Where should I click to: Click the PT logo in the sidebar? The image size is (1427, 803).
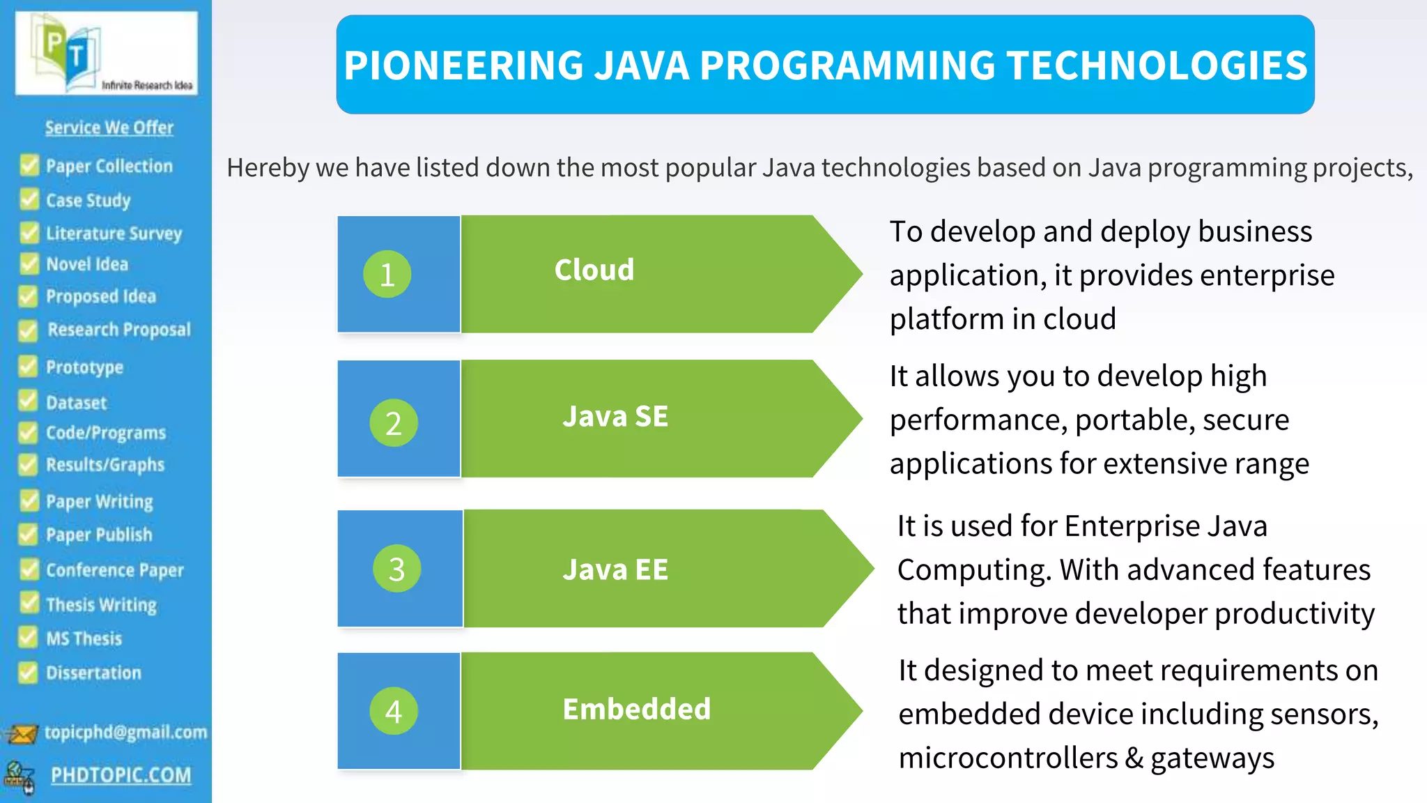pyautogui.click(x=106, y=54)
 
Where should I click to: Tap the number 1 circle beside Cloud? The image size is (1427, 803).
pyautogui.click(x=387, y=274)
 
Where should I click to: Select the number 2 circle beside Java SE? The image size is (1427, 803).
pyautogui.click(x=394, y=423)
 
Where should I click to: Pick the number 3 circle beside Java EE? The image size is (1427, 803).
pyautogui.click(x=396, y=569)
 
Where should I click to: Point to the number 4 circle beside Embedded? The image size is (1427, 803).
pyautogui.click(x=394, y=711)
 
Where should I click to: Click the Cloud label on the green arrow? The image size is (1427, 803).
pyautogui.click(x=594, y=270)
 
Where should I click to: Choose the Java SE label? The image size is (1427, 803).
pyautogui.click(x=615, y=417)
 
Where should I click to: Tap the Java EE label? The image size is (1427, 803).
pyautogui.click(x=615, y=570)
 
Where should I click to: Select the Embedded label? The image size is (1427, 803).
pyautogui.click(x=637, y=710)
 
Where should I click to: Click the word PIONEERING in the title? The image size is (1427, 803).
pyautogui.click(x=463, y=66)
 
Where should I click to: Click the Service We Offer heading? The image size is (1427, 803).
pyautogui.click(x=109, y=128)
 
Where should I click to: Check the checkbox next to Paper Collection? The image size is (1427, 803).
pyautogui.click(x=29, y=165)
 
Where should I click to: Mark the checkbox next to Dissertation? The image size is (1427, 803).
pyautogui.click(x=28, y=672)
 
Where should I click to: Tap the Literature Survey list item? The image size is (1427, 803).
pyautogui.click(x=114, y=233)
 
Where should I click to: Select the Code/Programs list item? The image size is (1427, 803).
pyautogui.click(x=106, y=433)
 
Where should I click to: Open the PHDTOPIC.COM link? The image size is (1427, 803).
pyautogui.click(x=121, y=775)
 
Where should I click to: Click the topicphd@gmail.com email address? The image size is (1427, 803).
pyautogui.click(x=126, y=732)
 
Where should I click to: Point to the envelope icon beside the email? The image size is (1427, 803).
pyautogui.click(x=22, y=734)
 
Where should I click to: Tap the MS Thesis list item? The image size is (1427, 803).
pyautogui.click(x=84, y=638)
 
